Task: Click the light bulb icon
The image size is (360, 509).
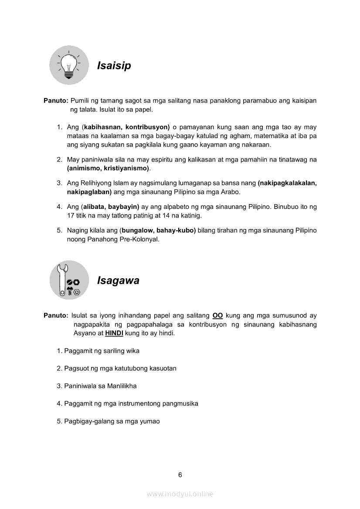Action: [x=69, y=65]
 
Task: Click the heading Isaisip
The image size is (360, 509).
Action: [x=114, y=66]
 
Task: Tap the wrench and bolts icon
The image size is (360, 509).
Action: [x=69, y=280]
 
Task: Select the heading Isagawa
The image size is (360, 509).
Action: [x=118, y=280]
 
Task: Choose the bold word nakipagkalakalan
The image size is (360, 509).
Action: [x=287, y=183]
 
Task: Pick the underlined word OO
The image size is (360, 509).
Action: [x=217, y=315]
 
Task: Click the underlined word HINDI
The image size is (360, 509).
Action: [x=114, y=333]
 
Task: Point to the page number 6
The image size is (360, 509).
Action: [x=180, y=475]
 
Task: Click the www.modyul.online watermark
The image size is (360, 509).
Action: [x=180, y=494]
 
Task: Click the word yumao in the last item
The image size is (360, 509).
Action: [x=149, y=421]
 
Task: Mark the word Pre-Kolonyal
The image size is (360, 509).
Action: [x=139, y=239]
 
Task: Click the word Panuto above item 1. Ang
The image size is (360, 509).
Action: [x=55, y=101]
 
